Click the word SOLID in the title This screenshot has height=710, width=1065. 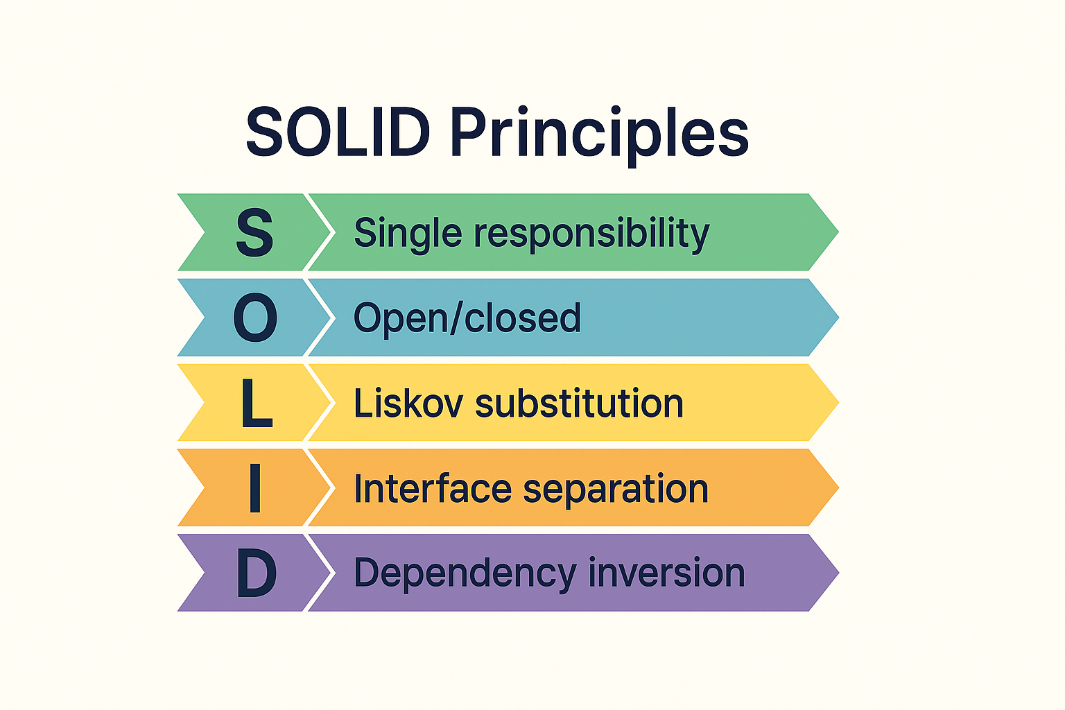[x=338, y=132]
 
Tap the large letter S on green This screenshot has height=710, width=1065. [x=254, y=233]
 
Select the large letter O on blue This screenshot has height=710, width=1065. [x=255, y=318]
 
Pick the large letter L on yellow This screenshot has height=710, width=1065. [x=256, y=404]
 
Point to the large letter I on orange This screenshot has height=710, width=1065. [x=254, y=488]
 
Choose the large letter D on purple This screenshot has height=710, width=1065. [x=257, y=573]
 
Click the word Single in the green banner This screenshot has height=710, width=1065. [x=408, y=234]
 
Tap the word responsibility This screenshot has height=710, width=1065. [x=591, y=234]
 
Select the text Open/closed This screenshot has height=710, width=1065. [x=467, y=318]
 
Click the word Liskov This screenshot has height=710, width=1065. [x=408, y=404]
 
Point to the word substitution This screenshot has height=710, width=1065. [x=579, y=404]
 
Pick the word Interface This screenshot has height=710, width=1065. [x=433, y=488]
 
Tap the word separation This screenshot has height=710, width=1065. [x=616, y=490]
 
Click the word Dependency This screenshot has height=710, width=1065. [x=465, y=574]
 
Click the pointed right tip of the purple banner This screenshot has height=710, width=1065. [x=835, y=573]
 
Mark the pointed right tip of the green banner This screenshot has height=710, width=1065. [x=835, y=232]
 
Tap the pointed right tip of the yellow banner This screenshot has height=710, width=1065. [x=835, y=402]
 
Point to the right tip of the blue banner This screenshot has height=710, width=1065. [x=835, y=318]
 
